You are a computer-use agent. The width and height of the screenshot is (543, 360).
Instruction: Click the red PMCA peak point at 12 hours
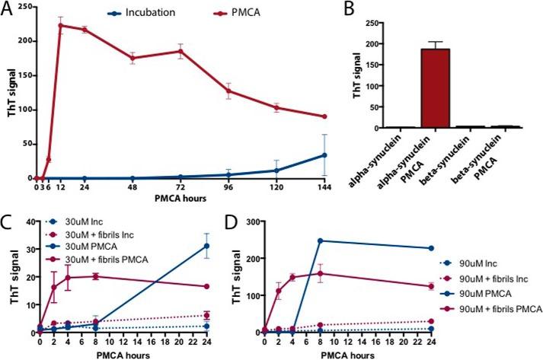60,25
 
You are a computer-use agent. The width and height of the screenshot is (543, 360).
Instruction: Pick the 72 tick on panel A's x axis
180,186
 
